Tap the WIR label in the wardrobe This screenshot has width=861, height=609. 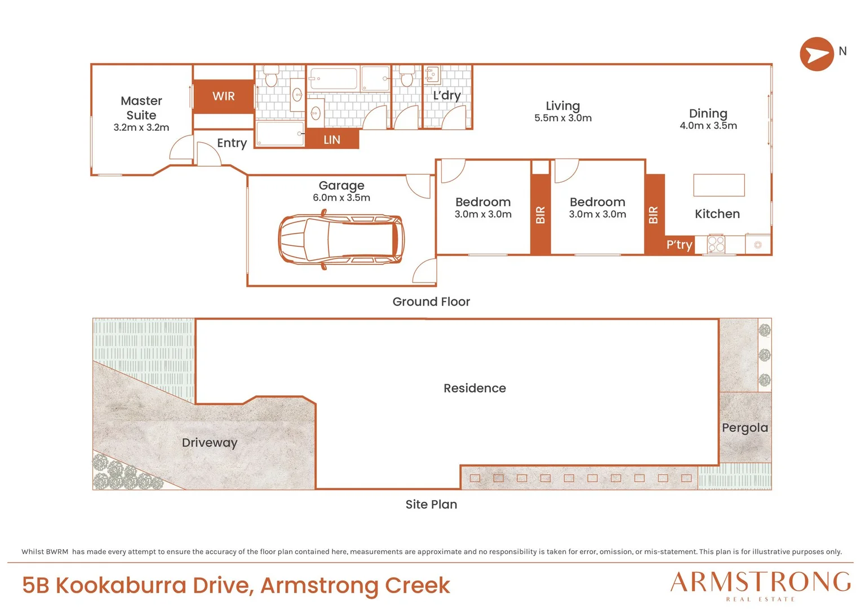point(223,96)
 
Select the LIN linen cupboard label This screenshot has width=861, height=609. point(332,140)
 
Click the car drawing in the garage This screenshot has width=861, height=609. point(341,239)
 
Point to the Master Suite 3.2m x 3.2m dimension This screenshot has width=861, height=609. point(141,127)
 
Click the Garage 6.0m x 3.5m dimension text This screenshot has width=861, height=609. point(341,198)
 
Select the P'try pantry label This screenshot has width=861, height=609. point(679,245)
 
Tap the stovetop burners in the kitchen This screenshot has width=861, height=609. point(716,244)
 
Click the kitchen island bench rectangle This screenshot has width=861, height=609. point(719,185)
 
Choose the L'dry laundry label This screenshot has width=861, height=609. point(447,95)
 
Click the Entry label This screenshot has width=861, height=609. point(232,143)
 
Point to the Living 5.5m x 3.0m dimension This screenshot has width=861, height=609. point(563,118)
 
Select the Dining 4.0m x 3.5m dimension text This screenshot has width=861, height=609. point(708,126)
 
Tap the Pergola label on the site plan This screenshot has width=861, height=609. point(745,428)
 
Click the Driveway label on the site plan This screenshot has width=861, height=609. point(210,443)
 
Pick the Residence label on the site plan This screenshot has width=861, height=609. point(474,388)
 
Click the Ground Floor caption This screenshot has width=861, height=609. point(431,302)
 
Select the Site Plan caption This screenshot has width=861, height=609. point(431,504)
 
